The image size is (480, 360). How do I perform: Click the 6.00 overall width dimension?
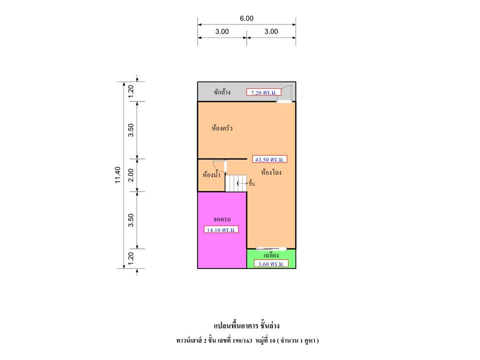(x=246, y=18)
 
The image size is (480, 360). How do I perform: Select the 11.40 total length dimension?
(x=118, y=175)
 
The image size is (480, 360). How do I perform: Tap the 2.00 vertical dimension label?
(x=130, y=175)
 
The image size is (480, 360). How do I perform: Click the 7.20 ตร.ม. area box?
(x=263, y=92)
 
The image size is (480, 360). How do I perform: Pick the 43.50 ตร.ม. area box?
(x=269, y=159)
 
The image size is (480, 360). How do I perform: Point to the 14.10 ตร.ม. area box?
(x=221, y=229)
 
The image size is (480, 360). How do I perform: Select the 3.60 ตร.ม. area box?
(x=271, y=263)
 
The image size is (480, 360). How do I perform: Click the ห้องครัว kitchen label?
(x=222, y=128)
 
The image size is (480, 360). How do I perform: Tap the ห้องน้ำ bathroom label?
(x=211, y=175)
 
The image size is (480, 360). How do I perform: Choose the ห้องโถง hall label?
(x=271, y=172)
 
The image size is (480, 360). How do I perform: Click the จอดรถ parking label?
(x=222, y=219)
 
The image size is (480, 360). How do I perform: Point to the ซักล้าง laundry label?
(x=222, y=92)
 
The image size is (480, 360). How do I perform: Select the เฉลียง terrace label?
(x=271, y=255)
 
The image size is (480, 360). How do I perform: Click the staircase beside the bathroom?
(x=235, y=183)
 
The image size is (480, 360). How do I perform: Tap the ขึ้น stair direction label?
(x=251, y=183)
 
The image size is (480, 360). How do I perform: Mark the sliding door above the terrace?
(x=271, y=249)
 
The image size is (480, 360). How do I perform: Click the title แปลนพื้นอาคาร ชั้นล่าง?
(x=246, y=325)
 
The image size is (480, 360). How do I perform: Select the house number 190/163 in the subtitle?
(x=242, y=340)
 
